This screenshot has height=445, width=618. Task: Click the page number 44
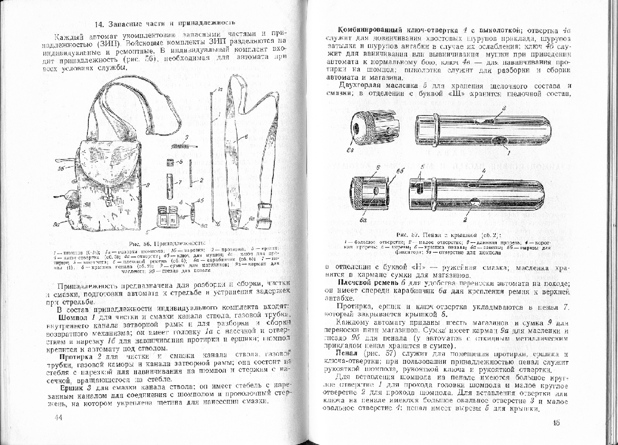[x=59, y=417]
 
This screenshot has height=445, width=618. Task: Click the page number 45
[x=558, y=423]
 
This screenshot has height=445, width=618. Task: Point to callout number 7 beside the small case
[x=180, y=182]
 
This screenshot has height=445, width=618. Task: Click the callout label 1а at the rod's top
[x=221, y=89]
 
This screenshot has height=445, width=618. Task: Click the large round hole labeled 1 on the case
[x=499, y=140]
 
